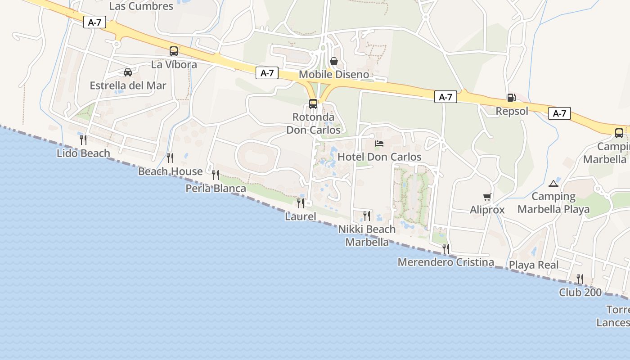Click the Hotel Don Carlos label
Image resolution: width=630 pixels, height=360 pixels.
click(x=379, y=157)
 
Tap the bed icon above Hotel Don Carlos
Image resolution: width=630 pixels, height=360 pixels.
click(x=379, y=144)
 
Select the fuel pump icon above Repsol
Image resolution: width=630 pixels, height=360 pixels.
click(x=511, y=97)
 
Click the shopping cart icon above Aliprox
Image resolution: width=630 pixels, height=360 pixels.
click(x=487, y=197)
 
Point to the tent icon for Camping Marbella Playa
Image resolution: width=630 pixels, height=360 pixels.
click(x=553, y=184)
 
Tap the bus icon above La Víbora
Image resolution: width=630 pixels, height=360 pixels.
click(x=174, y=51)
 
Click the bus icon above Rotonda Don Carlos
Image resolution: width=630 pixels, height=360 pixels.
click(x=313, y=104)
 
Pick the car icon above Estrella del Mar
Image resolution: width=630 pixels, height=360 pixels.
click(x=128, y=72)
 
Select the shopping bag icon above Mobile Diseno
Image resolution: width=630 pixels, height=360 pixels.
click(x=334, y=61)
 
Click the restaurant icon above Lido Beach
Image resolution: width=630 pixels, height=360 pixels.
click(x=83, y=140)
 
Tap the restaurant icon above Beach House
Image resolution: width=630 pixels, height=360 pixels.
click(x=170, y=158)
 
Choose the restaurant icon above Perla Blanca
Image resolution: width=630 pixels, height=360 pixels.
click(x=216, y=175)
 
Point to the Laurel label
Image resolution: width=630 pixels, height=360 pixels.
click(x=301, y=216)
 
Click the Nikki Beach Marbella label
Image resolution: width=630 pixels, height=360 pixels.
click(x=367, y=235)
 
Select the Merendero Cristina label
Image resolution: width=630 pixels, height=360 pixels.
click(x=445, y=262)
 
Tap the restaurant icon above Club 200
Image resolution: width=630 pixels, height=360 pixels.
click(x=580, y=279)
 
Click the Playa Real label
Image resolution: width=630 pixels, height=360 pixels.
click(x=534, y=265)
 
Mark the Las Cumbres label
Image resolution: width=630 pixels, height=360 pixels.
click(x=141, y=6)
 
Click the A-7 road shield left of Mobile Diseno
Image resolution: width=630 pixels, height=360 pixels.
click(x=267, y=73)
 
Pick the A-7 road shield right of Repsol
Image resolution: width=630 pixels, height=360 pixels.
click(x=559, y=113)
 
